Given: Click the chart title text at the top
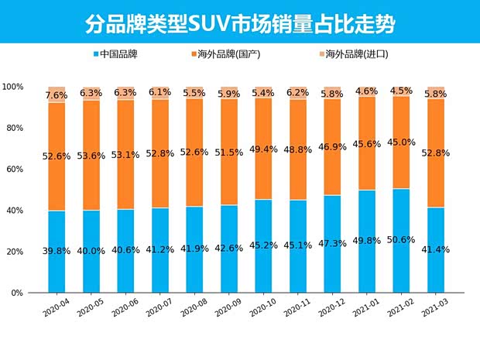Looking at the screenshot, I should [x=240, y=23].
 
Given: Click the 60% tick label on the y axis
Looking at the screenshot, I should [x=14, y=170].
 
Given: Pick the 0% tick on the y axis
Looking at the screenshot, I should [x=16, y=293].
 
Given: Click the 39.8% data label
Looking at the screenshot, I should [x=57, y=251].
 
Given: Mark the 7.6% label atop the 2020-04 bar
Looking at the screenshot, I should [x=57, y=95].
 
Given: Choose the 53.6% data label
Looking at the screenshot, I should [x=91, y=155].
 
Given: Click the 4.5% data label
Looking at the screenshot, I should [x=401, y=91].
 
